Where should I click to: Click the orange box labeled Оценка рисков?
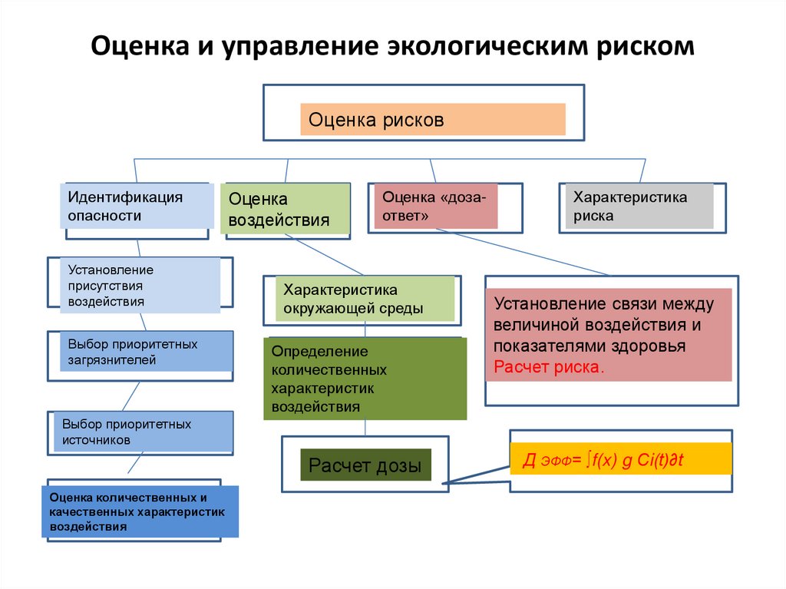click(433, 119)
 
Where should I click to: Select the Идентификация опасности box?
click(137, 206)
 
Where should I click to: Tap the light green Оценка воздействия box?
click(286, 209)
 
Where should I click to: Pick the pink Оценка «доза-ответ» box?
click(436, 207)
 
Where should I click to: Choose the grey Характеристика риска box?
click(639, 207)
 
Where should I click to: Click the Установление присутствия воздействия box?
click(140, 286)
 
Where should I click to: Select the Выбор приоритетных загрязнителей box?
click(147, 351)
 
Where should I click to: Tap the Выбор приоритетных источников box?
click(144, 432)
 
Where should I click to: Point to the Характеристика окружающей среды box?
click(365, 299)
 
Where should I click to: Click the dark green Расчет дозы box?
click(366, 465)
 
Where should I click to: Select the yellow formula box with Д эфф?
click(620, 458)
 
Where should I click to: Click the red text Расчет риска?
click(548, 367)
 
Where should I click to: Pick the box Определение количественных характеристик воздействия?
click(365, 379)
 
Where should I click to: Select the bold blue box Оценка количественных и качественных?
click(140, 511)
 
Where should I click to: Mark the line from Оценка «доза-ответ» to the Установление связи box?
click(523, 253)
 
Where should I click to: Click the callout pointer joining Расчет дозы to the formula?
click(476, 475)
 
